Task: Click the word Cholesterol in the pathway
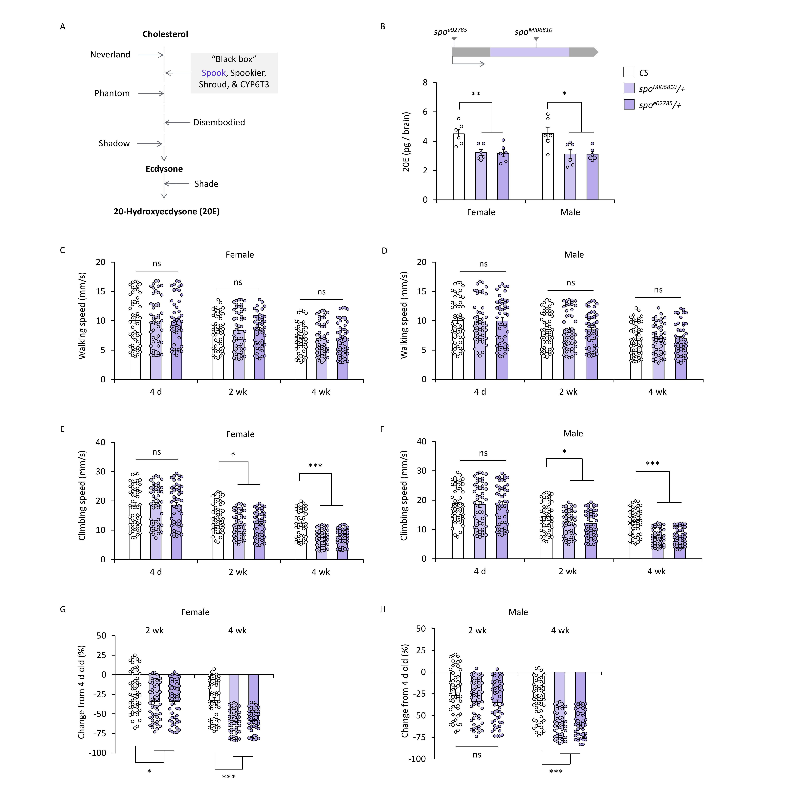165,34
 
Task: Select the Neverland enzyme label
110,55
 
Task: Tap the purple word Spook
213,73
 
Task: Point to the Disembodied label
219,122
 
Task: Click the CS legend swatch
629,72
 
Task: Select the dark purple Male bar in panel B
592,177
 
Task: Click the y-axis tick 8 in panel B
425,83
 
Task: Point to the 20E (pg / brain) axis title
406,142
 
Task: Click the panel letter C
63,250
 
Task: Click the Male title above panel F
573,434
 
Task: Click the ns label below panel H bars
477,754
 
